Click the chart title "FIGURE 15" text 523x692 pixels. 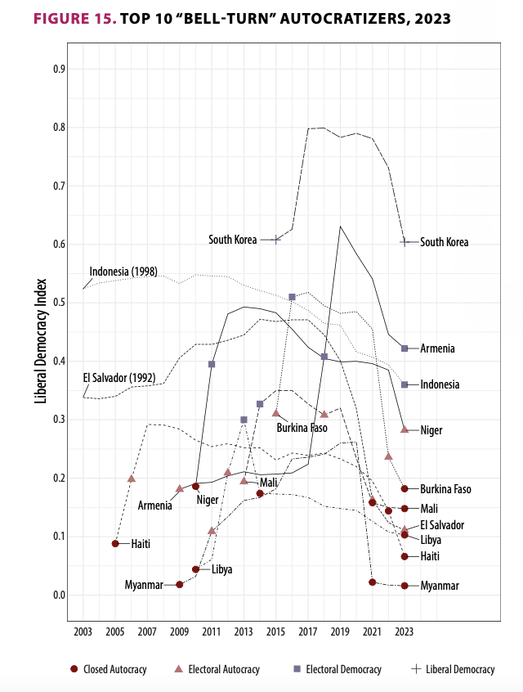point(63,18)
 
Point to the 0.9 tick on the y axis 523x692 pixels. point(59,70)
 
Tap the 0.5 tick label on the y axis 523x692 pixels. point(59,303)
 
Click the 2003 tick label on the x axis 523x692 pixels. point(83,631)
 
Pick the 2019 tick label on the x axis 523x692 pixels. point(340,631)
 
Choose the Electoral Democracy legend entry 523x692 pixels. point(336,669)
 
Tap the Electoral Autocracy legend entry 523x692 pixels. point(216,669)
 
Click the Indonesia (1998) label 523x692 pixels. point(123,272)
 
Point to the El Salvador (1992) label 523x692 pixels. point(120,377)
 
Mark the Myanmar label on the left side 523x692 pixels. point(144,585)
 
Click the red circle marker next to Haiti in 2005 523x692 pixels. point(115,543)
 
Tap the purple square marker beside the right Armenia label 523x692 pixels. point(405,348)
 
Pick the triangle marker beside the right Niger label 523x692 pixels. point(405,429)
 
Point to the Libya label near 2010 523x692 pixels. point(222,569)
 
